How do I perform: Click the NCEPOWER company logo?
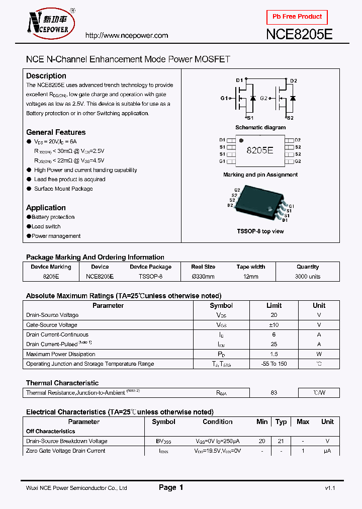click(49, 24)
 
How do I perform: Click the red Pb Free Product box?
click(297, 17)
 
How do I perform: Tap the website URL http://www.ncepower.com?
click(126, 36)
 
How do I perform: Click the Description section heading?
click(46, 76)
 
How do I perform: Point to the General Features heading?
click(56, 132)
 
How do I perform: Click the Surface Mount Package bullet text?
click(63, 189)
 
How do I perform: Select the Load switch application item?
click(46, 226)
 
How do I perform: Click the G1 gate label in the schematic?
click(224, 99)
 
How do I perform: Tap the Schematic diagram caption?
click(260, 128)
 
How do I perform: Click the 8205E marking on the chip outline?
click(260, 150)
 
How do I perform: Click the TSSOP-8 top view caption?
click(260, 231)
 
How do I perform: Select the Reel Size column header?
click(203, 267)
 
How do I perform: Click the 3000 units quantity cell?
click(308, 277)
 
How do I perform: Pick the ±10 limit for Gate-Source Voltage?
click(274, 325)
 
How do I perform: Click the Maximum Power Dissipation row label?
click(61, 354)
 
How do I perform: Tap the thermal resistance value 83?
click(274, 393)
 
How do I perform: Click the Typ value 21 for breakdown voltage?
click(281, 441)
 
